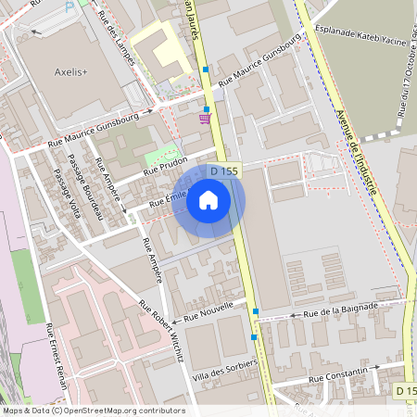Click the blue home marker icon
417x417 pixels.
[x=208, y=199]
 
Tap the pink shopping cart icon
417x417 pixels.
[x=204, y=118]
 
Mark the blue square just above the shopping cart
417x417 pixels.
[x=206, y=108]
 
